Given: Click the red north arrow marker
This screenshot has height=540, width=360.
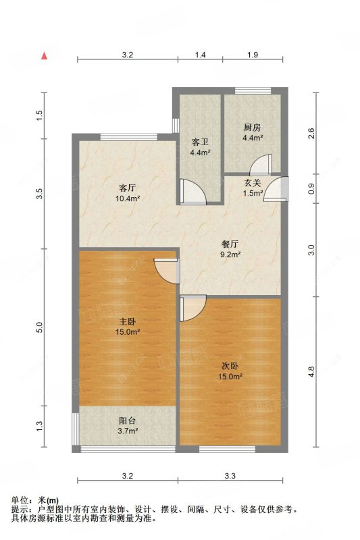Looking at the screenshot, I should pos(45,56).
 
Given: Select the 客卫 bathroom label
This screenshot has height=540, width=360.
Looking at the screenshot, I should pos(200,142).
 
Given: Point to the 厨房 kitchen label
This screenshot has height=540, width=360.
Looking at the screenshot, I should pos(252,126).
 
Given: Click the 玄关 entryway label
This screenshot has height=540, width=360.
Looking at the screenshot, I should pos(252,182).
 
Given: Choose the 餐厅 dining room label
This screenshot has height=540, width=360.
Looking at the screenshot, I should pos(230,244).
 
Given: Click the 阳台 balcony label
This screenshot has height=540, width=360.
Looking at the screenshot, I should pos(128,420).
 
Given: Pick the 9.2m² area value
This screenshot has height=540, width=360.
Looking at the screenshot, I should pos(230,255).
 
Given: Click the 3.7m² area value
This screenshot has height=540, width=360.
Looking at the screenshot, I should pos(128,431).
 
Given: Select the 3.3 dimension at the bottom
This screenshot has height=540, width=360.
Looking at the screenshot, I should pos(230,477).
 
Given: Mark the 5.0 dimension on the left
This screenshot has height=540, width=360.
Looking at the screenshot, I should pos(40,327).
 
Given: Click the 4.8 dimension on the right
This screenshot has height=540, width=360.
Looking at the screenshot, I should pos(311,371).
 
